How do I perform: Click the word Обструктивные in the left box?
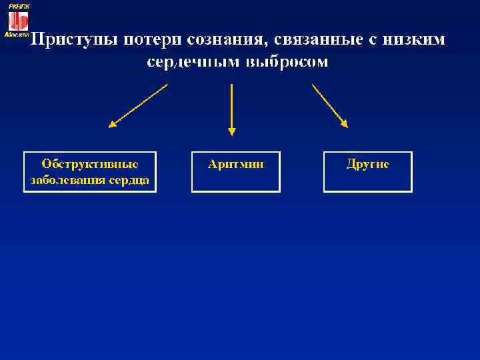(x=90, y=164)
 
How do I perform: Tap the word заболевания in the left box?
(x=63, y=180)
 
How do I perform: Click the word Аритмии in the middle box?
(x=235, y=164)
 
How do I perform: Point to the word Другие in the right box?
(x=367, y=164)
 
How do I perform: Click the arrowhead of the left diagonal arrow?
(x=113, y=123)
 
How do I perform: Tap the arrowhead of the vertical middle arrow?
(x=231, y=131)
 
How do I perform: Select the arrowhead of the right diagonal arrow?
(x=344, y=123)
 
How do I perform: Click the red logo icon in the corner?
(x=18, y=21)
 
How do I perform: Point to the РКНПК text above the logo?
(x=19, y=5)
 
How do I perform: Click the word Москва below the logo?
(x=16, y=34)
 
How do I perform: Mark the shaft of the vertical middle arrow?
(x=231, y=103)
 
